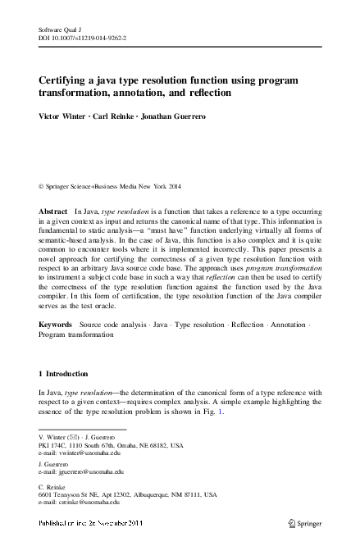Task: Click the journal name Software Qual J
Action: click(62, 29)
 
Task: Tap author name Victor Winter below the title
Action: click(66, 116)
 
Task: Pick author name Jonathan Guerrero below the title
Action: click(193, 116)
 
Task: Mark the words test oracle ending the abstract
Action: click(115, 305)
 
